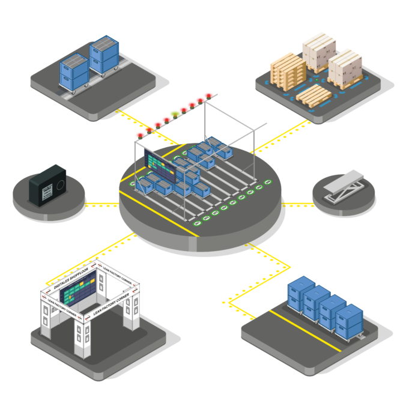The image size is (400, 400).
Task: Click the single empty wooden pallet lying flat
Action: (x=313, y=97)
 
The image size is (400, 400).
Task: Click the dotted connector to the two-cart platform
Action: (x=144, y=124)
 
